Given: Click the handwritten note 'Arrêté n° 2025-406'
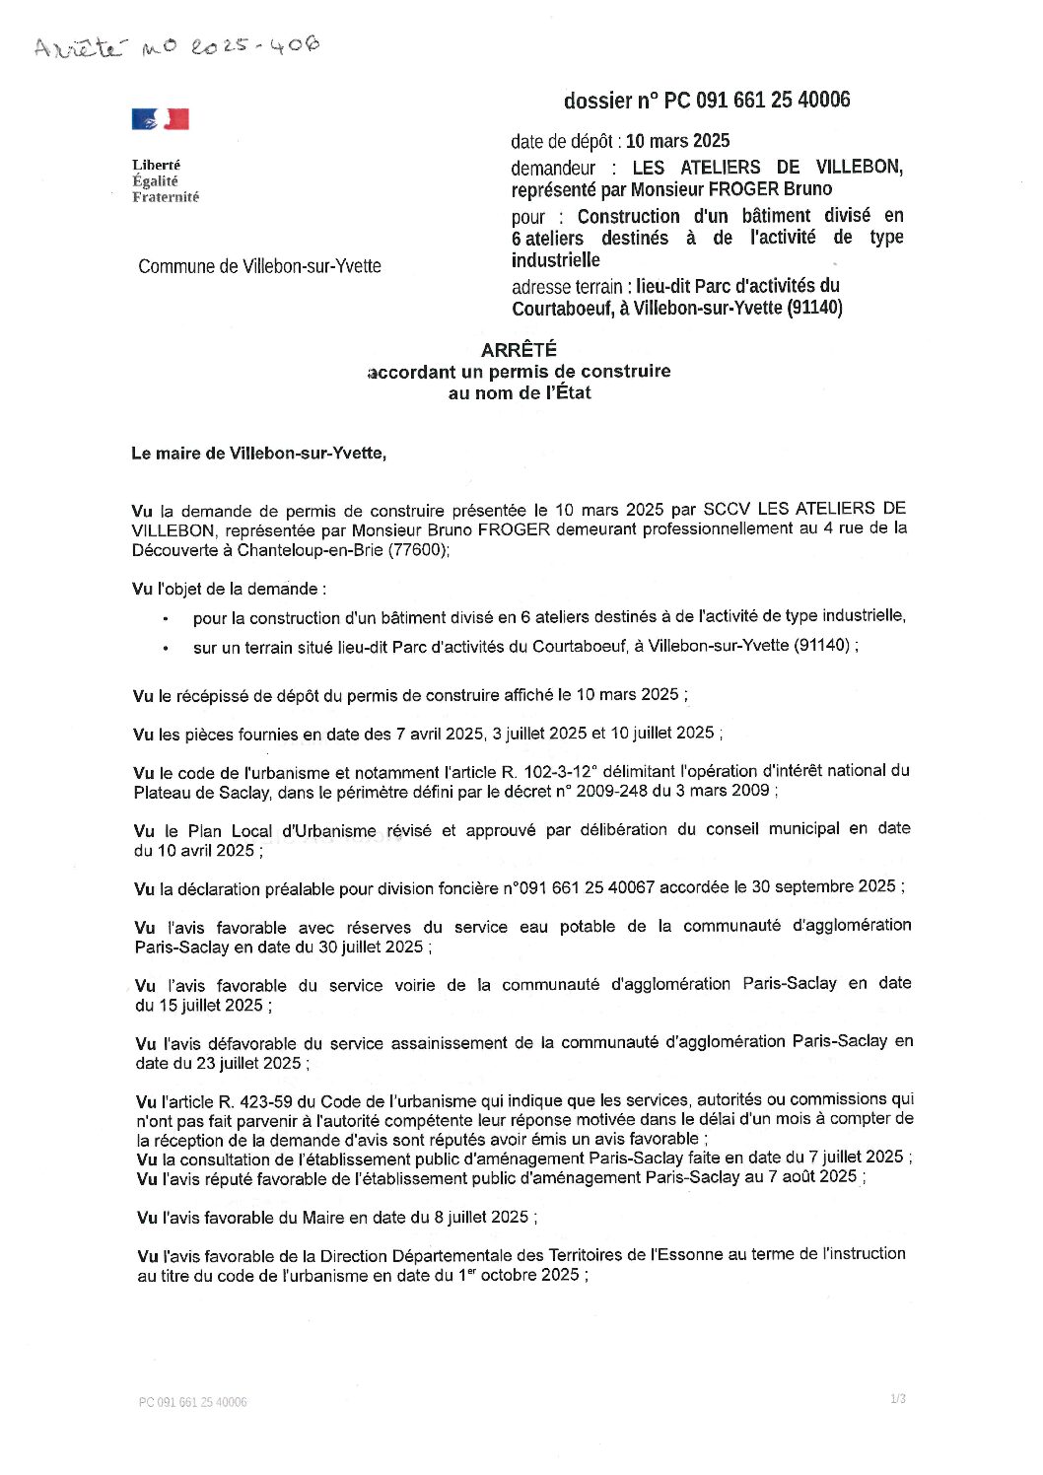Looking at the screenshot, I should click(177, 46).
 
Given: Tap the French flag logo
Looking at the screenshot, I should click(160, 119).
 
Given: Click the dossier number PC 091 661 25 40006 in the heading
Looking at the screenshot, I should click(756, 100).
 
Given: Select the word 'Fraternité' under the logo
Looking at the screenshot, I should click(166, 197).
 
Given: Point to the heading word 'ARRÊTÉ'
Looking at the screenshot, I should click(519, 349).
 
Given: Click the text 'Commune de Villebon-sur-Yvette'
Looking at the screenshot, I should click(259, 266).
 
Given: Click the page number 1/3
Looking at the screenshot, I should click(897, 1398).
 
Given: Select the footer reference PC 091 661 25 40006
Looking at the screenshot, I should click(192, 1402).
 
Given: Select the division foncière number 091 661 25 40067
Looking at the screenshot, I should click(582, 887).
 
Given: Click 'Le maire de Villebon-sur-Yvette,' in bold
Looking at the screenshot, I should click(259, 454).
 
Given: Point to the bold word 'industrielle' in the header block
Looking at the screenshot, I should click(555, 260).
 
